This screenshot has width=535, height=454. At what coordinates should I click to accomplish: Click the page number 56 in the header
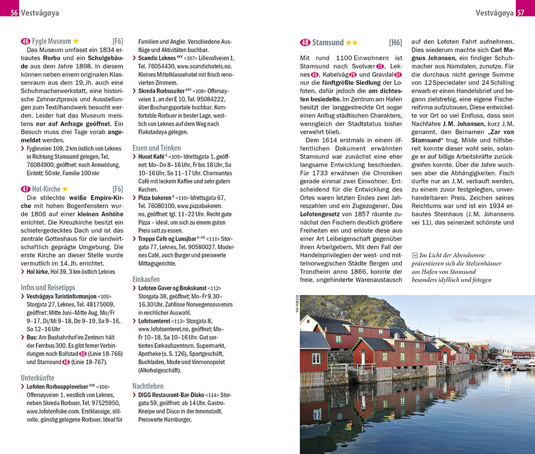coord(13,12)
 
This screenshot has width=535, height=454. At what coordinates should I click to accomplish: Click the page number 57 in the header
coord(521,12)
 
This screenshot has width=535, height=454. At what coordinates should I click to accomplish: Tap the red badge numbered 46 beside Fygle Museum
coord(25,41)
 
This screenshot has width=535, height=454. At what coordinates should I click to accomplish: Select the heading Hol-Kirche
coord(46,189)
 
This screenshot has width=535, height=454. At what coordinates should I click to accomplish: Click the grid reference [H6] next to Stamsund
coord(395,42)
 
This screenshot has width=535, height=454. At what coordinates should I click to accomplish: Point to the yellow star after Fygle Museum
coord(76,41)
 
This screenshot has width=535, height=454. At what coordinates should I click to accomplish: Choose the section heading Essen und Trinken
coord(157,148)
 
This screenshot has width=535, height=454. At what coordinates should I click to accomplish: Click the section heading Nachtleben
coord(148,386)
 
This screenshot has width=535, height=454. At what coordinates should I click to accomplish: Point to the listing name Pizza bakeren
coord(156,198)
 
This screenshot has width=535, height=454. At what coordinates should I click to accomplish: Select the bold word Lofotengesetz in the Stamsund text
coord(324,215)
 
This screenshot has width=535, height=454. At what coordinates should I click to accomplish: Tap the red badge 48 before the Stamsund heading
coord(305,42)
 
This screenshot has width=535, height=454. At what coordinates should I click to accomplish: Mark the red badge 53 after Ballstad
coord(82,354)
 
